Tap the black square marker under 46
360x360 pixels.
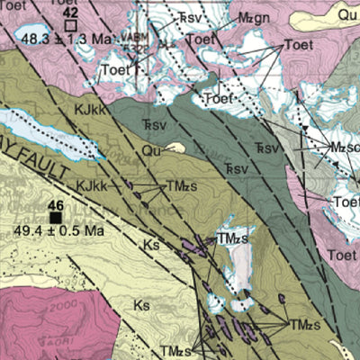(x=56, y=217)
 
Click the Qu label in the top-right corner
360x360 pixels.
(x=346, y=14)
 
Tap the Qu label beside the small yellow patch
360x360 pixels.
(x=152, y=151)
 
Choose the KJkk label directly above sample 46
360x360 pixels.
(x=93, y=185)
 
